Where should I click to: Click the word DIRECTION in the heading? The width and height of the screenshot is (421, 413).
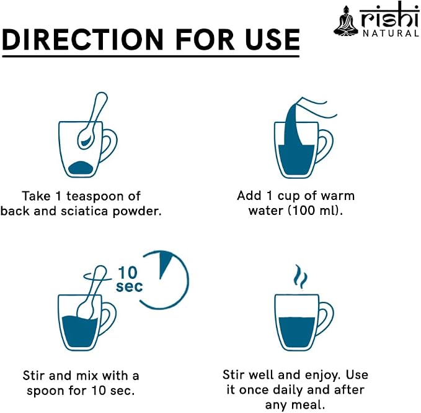pos(82,40)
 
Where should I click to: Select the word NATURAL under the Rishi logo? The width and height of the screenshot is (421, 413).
pos(391,34)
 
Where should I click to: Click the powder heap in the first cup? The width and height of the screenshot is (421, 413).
pos(81,168)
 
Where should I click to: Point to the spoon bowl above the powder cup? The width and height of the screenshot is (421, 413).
pos(86,140)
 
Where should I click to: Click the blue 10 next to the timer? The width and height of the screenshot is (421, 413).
pos(128,273)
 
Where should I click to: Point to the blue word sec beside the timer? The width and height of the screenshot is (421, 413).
pos(129,287)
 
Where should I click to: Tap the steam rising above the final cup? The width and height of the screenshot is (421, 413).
pos(300,276)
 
